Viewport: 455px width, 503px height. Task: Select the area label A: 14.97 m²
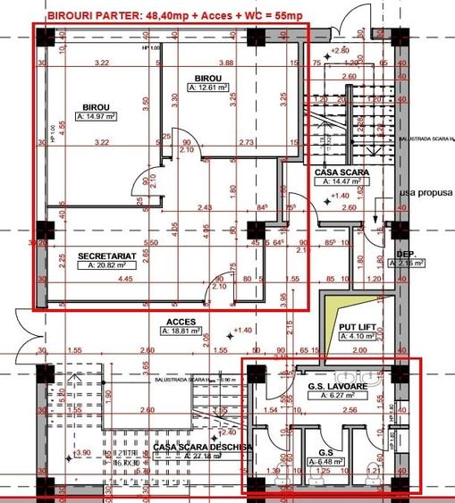97,116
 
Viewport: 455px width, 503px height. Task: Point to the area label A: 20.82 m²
106,265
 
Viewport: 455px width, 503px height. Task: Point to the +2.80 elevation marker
339,50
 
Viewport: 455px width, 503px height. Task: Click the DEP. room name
409,255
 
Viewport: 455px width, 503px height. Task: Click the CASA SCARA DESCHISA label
203,446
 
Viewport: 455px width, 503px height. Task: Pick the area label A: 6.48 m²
321,462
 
